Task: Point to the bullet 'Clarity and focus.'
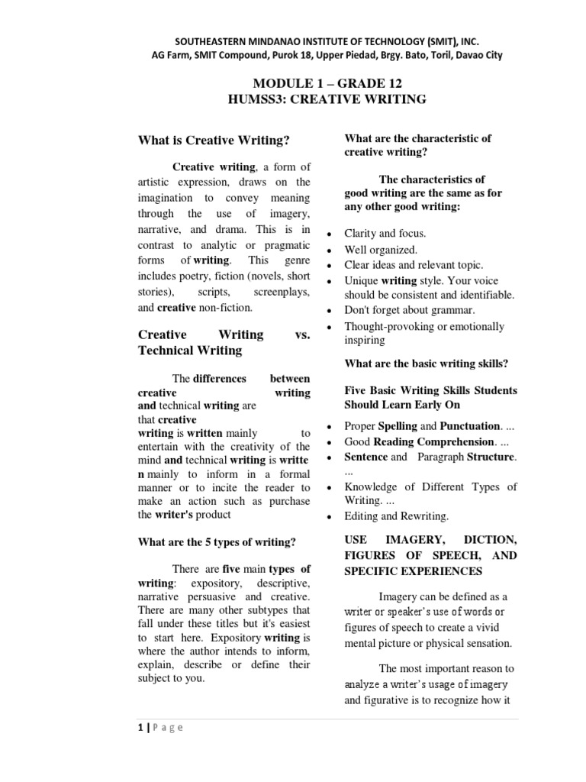click(385, 234)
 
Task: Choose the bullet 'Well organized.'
click(381, 250)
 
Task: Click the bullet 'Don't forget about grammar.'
click(410, 310)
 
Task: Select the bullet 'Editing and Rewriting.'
click(397, 516)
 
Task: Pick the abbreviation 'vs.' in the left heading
click(301, 334)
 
